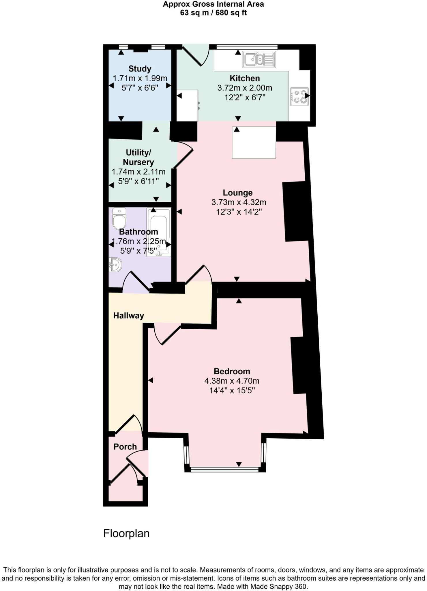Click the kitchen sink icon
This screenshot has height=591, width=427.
[259, 59]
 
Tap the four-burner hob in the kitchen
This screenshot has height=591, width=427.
[299, 97]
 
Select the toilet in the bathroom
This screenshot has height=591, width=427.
[119, 218]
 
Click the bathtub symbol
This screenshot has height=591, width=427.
[158, 232]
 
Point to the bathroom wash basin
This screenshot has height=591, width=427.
[115, 264]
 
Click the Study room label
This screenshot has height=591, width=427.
[140, 69]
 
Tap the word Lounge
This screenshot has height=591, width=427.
[237, 192]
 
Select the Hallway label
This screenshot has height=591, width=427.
[128, 315]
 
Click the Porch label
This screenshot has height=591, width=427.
[125, 447]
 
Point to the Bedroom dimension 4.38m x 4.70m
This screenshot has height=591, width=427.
[232, 381]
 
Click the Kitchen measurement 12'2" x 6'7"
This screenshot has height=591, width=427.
[245, 97]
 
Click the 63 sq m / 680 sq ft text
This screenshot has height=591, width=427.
[213, 13]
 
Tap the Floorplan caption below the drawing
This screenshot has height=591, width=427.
[126, 533]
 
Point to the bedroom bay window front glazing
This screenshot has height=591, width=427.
[225, 470]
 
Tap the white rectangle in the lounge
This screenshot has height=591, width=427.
[254, 143]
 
